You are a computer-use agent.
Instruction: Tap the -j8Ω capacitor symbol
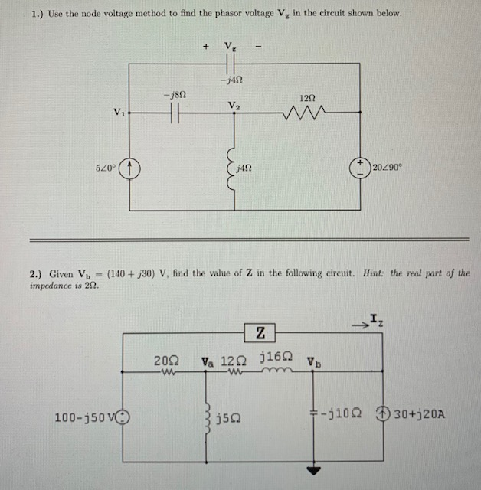click(x=173, y=112)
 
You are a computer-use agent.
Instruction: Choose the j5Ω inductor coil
click(x=207, y=417)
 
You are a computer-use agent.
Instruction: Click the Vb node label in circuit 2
click(x=313, y=360)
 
